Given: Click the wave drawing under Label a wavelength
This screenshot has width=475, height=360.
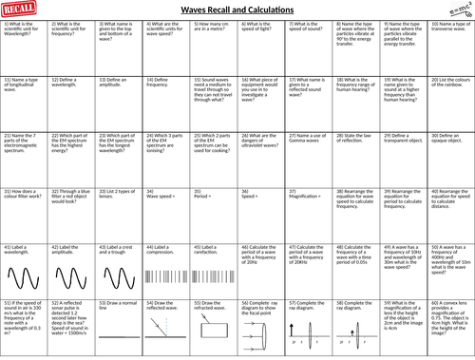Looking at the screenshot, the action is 23,285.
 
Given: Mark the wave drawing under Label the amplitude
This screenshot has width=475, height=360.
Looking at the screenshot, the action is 70,285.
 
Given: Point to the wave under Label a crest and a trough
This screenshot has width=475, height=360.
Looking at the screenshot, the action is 118,285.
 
